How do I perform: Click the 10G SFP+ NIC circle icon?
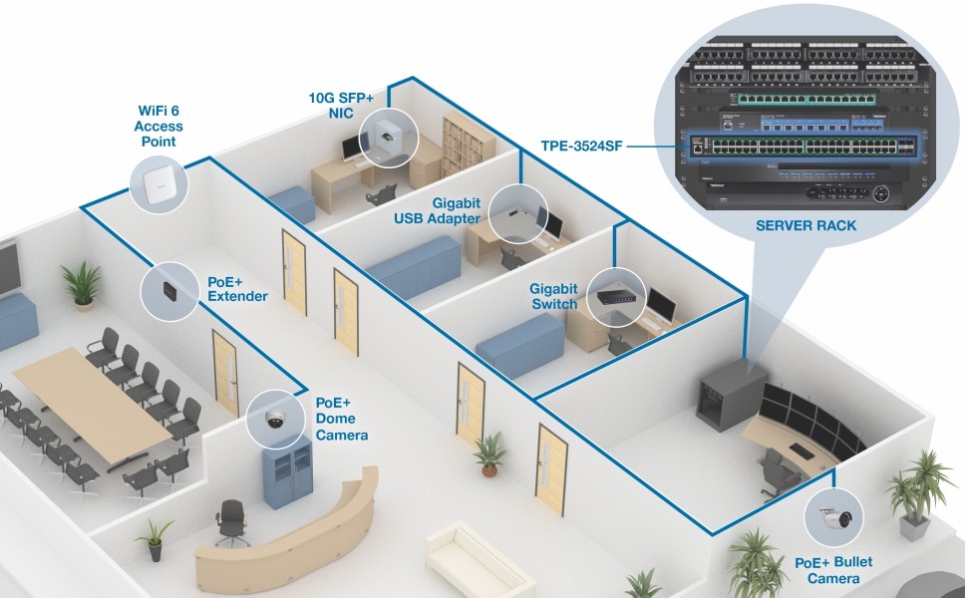coord(389,136)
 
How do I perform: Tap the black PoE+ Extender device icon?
coord(167,290)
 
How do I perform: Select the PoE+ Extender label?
coord(237,289)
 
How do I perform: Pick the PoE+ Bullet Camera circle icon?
coord(834,517)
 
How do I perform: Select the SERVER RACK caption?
coord(806,226)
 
